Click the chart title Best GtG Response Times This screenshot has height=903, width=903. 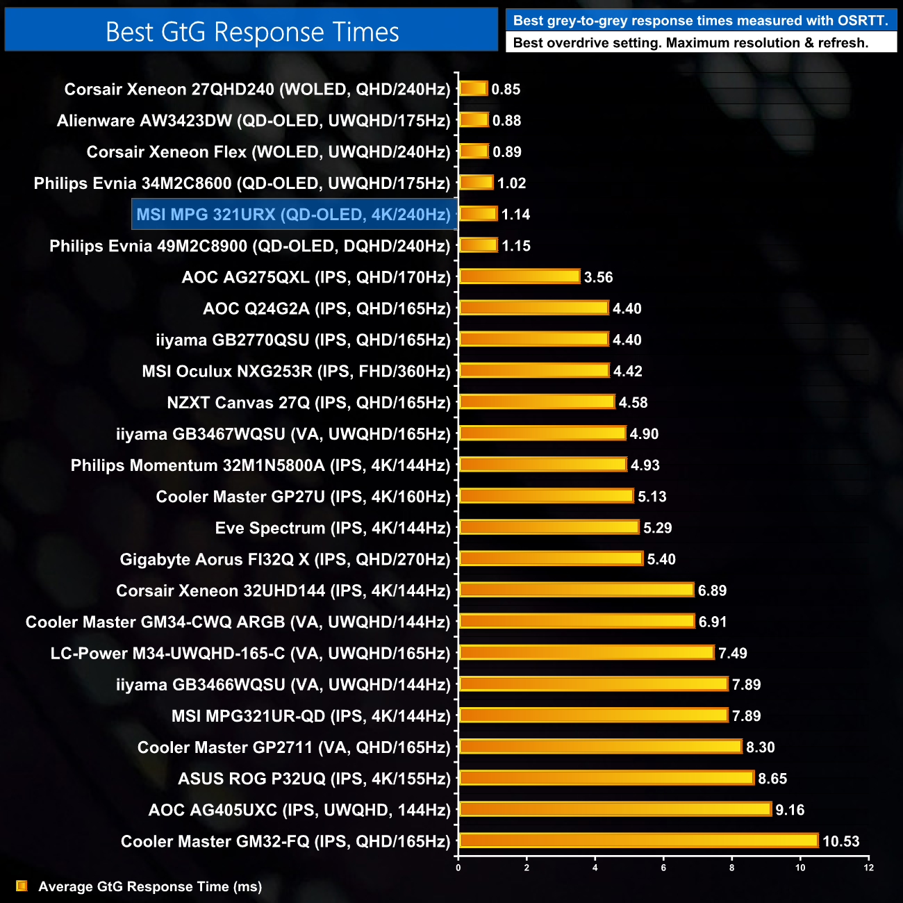tap(252, 32)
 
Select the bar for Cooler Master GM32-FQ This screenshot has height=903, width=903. tap(638, 840)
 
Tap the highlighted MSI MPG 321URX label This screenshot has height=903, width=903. tap(294, 215)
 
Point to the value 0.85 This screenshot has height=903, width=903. tap(506, 89)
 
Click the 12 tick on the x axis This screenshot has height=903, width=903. tap(868, 868)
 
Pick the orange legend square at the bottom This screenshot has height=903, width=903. tap(22, 886)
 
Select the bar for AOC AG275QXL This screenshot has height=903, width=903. tap(519, 276)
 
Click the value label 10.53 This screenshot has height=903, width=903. tap(840, 841)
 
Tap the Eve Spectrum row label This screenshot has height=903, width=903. tap(333, 528)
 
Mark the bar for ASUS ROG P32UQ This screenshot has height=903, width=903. tap(606, 778)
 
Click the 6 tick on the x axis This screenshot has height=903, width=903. tap(663, 868)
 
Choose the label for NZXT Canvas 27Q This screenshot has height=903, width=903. tap(308, 403)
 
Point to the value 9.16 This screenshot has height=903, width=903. tap(790, 810)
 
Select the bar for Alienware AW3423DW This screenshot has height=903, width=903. tap(474, 120)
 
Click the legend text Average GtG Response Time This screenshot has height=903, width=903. tap(150, 886)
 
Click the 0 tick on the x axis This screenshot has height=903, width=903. tap(458, 868)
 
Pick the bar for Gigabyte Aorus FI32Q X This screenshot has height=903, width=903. tap(551, 558)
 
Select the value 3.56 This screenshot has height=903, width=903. tap(598, 277)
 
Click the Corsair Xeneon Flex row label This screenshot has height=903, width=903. tap(268, 152)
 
